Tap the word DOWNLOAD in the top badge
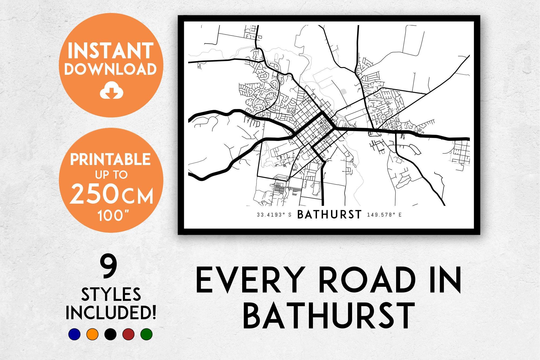click(x=110, y=69)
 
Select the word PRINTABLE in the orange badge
click(x=110, y=159)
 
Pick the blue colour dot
click(x=74, y=334)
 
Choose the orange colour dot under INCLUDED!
click(x=92, y=334)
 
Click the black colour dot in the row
click(x=110, y=334)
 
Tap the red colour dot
click(x=129, y=334)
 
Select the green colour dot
click(x=147, y=334)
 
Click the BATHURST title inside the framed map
click(x=329, y=215)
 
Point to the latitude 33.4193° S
click(x=274, y=215)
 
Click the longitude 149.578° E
click(x=384, y=215)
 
